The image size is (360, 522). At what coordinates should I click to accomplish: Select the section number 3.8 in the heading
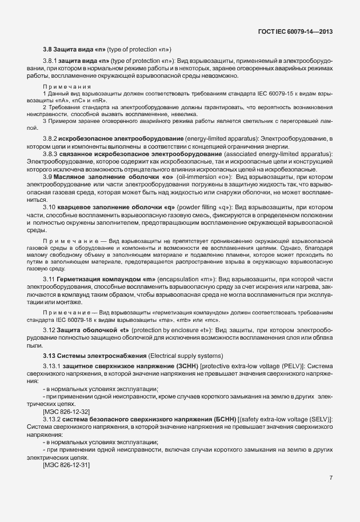pos(48,49)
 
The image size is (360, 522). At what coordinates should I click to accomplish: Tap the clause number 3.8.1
pos(50,61)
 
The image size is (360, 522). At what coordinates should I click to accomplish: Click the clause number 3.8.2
pos(50,139)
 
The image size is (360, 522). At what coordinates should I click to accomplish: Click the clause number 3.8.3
pos(50,154)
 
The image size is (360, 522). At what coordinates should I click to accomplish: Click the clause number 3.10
pos(49,207)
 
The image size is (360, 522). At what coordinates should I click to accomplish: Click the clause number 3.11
pos(49,278)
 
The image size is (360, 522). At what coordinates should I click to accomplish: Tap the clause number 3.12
pos(49,331)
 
